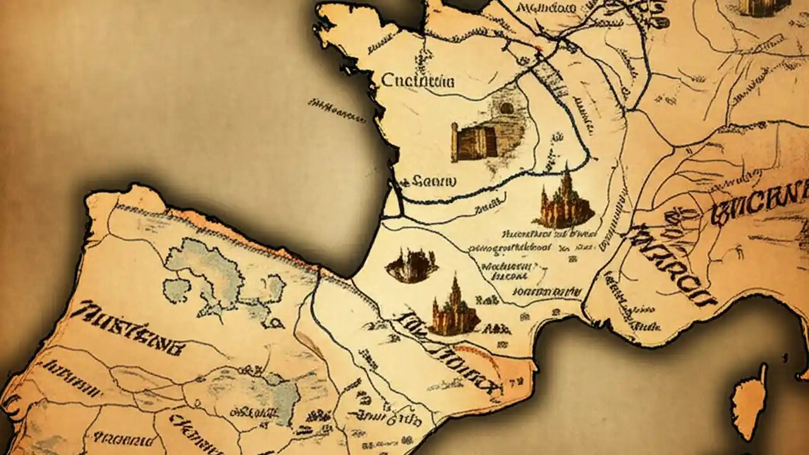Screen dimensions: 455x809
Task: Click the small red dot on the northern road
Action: pyautogui.click(x=538, y=47)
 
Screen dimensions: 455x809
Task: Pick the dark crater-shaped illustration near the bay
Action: pyautogui.click(x=412, y=265)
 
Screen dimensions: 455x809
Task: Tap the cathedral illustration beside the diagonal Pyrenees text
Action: pyautogui.click(x=455, y=310)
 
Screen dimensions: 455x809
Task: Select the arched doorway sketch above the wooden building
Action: pyautogui.click(x=507, y=108)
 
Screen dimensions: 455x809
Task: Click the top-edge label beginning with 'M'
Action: pyautogui.click(x=545, y=8)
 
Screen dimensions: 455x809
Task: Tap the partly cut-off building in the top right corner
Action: pyautogui.click(x=765, y=8)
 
